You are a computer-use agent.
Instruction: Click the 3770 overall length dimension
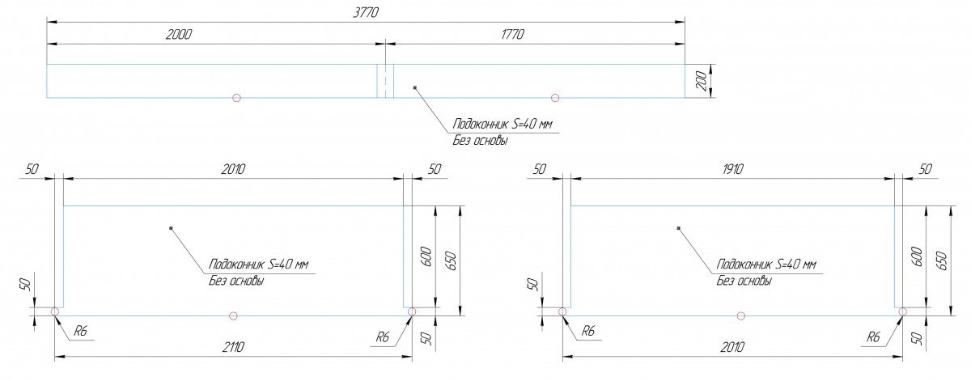[x=366, y=13]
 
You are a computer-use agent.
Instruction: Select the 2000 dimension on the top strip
[x=179, y=34]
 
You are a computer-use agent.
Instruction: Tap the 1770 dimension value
[x=513, y=34]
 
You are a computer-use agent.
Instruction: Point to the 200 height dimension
[x=702, y=81]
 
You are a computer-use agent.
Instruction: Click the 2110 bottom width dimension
[x=233, y=347]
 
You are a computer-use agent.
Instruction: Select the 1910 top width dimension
[x=732, y=169]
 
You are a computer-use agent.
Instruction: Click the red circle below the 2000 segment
[x=236, y=98]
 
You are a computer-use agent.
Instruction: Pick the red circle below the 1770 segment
[x=555, y=98]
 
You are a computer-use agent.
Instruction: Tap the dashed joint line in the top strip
[x=385, y=81]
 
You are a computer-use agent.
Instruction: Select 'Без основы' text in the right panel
[x=744, y=282]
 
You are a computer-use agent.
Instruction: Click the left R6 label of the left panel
[x=80, y=332]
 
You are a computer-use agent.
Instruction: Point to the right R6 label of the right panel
[x=873, y=337]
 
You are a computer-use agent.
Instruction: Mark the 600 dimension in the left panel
[x=426, y=256]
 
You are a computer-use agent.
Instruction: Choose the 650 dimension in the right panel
[x=942, y=261]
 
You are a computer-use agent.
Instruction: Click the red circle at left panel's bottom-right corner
[x=412, y=311]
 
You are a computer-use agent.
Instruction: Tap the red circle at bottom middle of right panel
[x=741, y=315]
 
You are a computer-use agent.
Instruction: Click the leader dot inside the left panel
[x=172, y=227]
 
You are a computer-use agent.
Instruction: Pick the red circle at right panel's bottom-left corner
[x=562, y=311]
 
